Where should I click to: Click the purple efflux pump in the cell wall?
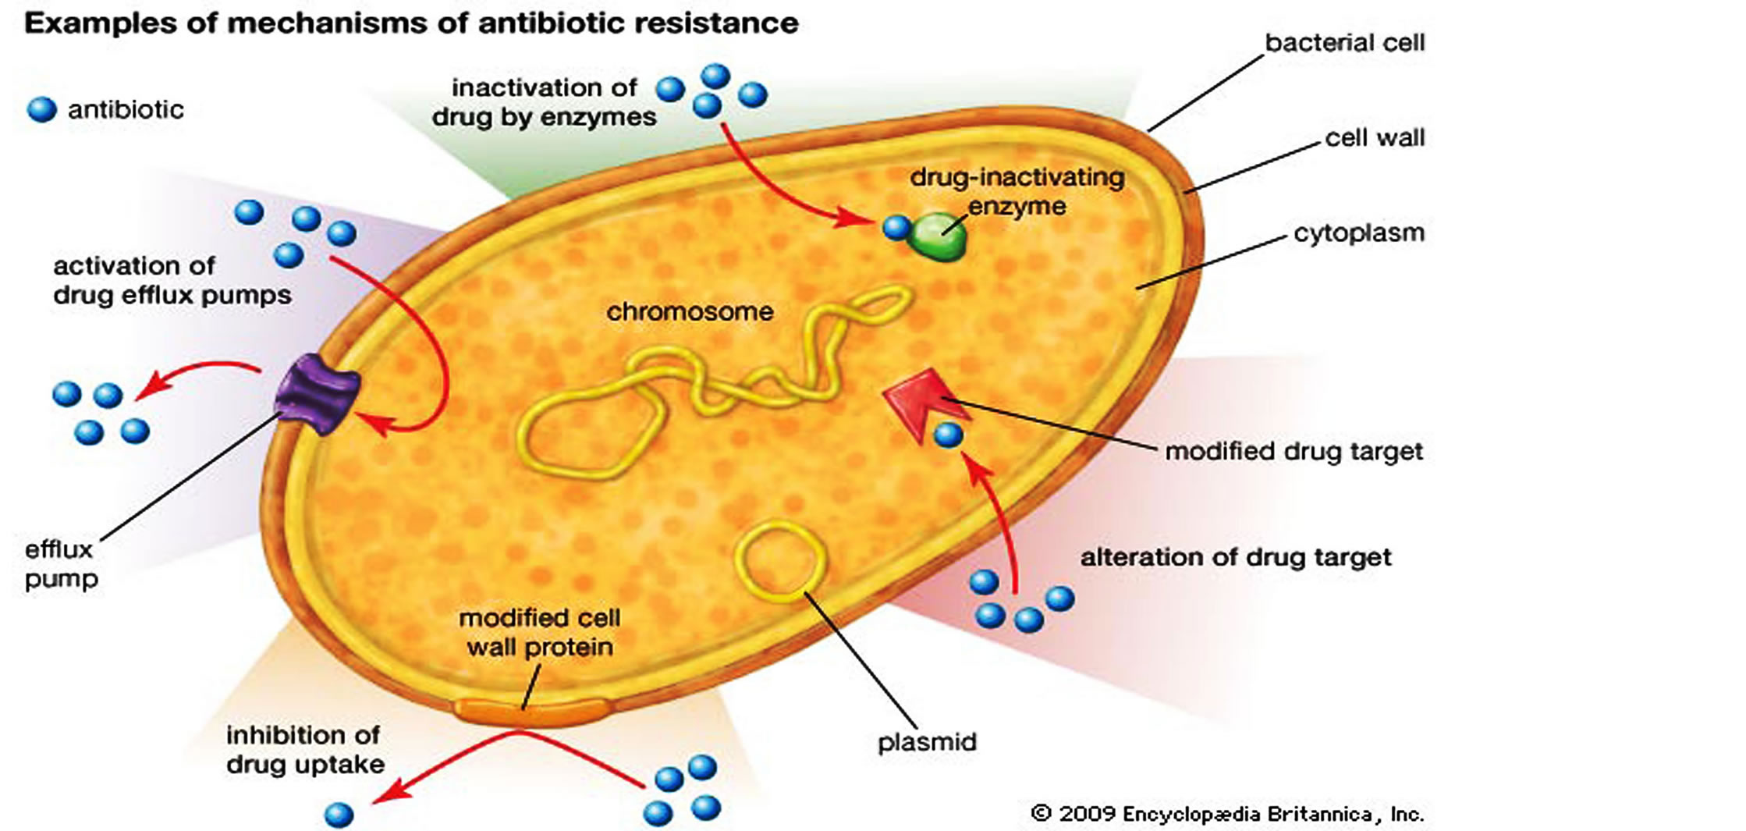(x=318, y=392)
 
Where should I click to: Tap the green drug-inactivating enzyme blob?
(x=938, y=236)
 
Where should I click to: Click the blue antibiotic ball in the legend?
(x=42, y=110)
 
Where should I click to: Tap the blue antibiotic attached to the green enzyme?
(x=896, y=228)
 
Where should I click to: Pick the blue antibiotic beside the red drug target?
(x=948, y=435)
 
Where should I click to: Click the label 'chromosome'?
(x=690, y=312)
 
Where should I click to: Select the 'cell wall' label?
(x=1375, y=138)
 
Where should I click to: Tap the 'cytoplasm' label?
(x=1358, y=233)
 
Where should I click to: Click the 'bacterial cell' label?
(x=1344, y=43)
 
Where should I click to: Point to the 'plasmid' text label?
(x=927, y=741)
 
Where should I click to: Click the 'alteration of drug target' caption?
(x=1235, y=557)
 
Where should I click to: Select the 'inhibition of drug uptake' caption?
(x=304, y=749)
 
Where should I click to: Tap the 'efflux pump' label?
(x=61, y=564)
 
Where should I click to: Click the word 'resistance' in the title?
(x=715, y=23)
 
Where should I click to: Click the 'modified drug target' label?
(x=1294, y=451)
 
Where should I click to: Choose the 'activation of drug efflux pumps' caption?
(x=172, y=280)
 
